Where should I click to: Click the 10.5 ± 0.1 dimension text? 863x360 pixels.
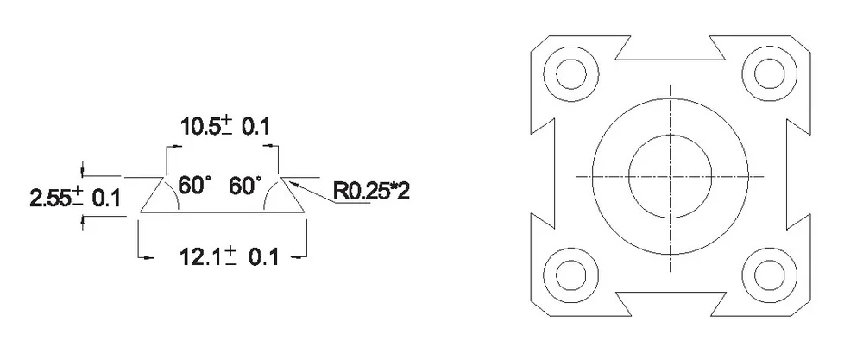point(225,127)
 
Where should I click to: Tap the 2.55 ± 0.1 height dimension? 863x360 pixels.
point(75,198)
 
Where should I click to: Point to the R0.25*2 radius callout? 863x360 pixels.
point(371,192)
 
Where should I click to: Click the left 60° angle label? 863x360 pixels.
point(194,186)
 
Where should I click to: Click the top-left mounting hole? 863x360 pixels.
point(571,73)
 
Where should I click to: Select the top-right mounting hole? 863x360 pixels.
point(770,73)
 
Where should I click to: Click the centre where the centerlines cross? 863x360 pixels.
point(671,177)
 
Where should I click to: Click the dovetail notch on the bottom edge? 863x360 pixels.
point(671,304)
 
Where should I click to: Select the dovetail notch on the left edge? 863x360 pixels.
point(542,174)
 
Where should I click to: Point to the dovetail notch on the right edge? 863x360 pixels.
point(798,174)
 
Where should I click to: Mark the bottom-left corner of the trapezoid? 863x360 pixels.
point(140,212)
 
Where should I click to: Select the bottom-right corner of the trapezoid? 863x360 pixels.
point(306,212)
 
